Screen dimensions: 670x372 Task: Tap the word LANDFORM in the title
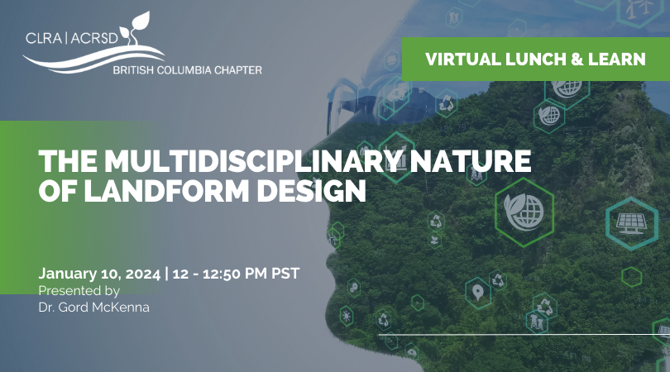click(x=167, y=190)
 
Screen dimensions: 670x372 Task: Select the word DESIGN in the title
click(x=311, y=190)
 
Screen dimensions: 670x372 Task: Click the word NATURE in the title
click(x=470, y=161)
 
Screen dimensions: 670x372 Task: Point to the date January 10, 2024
click(x=99, y=274)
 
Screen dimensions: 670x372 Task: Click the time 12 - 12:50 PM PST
click(x=236, y=274)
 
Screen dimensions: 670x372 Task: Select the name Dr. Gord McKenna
click(x=94, y=307)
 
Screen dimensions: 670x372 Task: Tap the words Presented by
click(x=79, y=291)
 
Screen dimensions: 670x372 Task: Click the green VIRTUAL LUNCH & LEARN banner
click(x=536, y=59)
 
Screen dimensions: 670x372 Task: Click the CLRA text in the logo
click(x=44, y=38)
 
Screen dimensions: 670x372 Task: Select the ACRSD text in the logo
click(x=94, y=38)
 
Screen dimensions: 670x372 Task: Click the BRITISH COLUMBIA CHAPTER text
click(x=188, y=70)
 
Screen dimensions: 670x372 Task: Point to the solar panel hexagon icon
click(x=632, y=223)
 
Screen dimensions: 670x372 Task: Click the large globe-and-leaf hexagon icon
click(x=524, y=212)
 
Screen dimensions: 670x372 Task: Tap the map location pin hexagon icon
click(x=478, y=293)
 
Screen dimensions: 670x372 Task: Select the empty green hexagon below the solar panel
click(x=632, y=277)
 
